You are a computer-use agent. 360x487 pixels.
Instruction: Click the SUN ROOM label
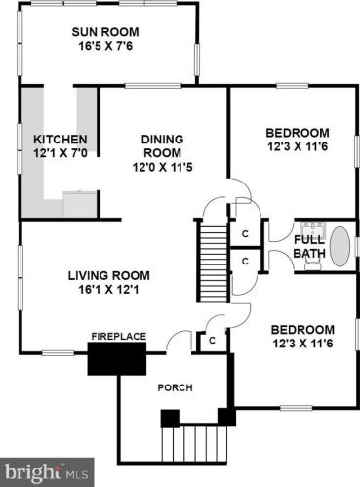point(105,32)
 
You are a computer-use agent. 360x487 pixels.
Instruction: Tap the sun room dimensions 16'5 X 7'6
point(105,46)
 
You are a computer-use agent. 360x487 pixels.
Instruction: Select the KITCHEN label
point(60,140)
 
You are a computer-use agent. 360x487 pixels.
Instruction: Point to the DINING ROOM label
point(162,146)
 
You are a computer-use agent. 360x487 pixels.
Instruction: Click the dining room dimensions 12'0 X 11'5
point(163,167)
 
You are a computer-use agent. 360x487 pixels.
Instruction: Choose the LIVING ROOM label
point(109,275)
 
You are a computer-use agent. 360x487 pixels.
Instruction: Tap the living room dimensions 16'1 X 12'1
point(108,289)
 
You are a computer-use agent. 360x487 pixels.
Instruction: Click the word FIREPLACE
point(119,336)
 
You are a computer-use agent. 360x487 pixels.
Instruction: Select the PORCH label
point(176,387)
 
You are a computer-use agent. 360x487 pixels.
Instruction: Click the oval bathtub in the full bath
point(340,247)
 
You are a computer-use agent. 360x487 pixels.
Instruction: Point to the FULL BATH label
point(309,246)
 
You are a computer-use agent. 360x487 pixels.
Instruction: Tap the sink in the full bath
point(312,227)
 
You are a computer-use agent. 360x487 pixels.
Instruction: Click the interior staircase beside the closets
point(213,261)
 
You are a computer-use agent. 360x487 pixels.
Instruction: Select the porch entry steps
point(194,443)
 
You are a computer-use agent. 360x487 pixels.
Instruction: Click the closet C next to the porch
point(213,341)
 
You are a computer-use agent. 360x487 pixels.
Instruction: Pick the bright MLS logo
point(47,472)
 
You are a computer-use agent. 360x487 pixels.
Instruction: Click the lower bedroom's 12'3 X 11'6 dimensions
point(302,344)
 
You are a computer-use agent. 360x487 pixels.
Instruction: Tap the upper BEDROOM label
point(298,133)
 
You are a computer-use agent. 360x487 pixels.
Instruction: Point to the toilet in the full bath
point(313,264)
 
